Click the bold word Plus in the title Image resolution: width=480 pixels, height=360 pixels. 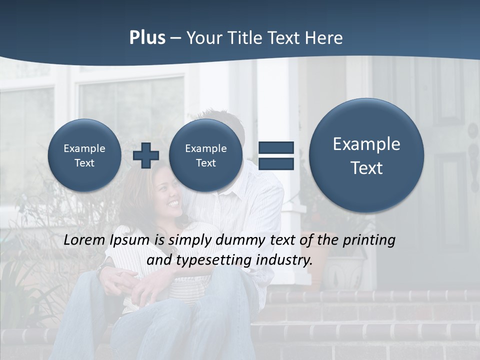click(147, 38)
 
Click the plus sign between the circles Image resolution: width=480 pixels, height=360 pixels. click(145, 155)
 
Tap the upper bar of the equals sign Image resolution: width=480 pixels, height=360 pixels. click(276, 147)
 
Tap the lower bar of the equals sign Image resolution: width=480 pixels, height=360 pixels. click(276, 164)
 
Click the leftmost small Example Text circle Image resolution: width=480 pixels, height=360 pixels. click(84, 155)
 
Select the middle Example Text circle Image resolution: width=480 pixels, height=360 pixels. click(205, 155)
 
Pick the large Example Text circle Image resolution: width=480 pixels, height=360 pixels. click(366, 155)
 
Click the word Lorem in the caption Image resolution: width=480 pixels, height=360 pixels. click(84, 240)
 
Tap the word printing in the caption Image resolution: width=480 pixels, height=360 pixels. click(368, 240)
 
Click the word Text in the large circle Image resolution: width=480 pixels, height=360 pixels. click(366, 168)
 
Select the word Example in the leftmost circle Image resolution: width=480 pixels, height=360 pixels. click(84, 148)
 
